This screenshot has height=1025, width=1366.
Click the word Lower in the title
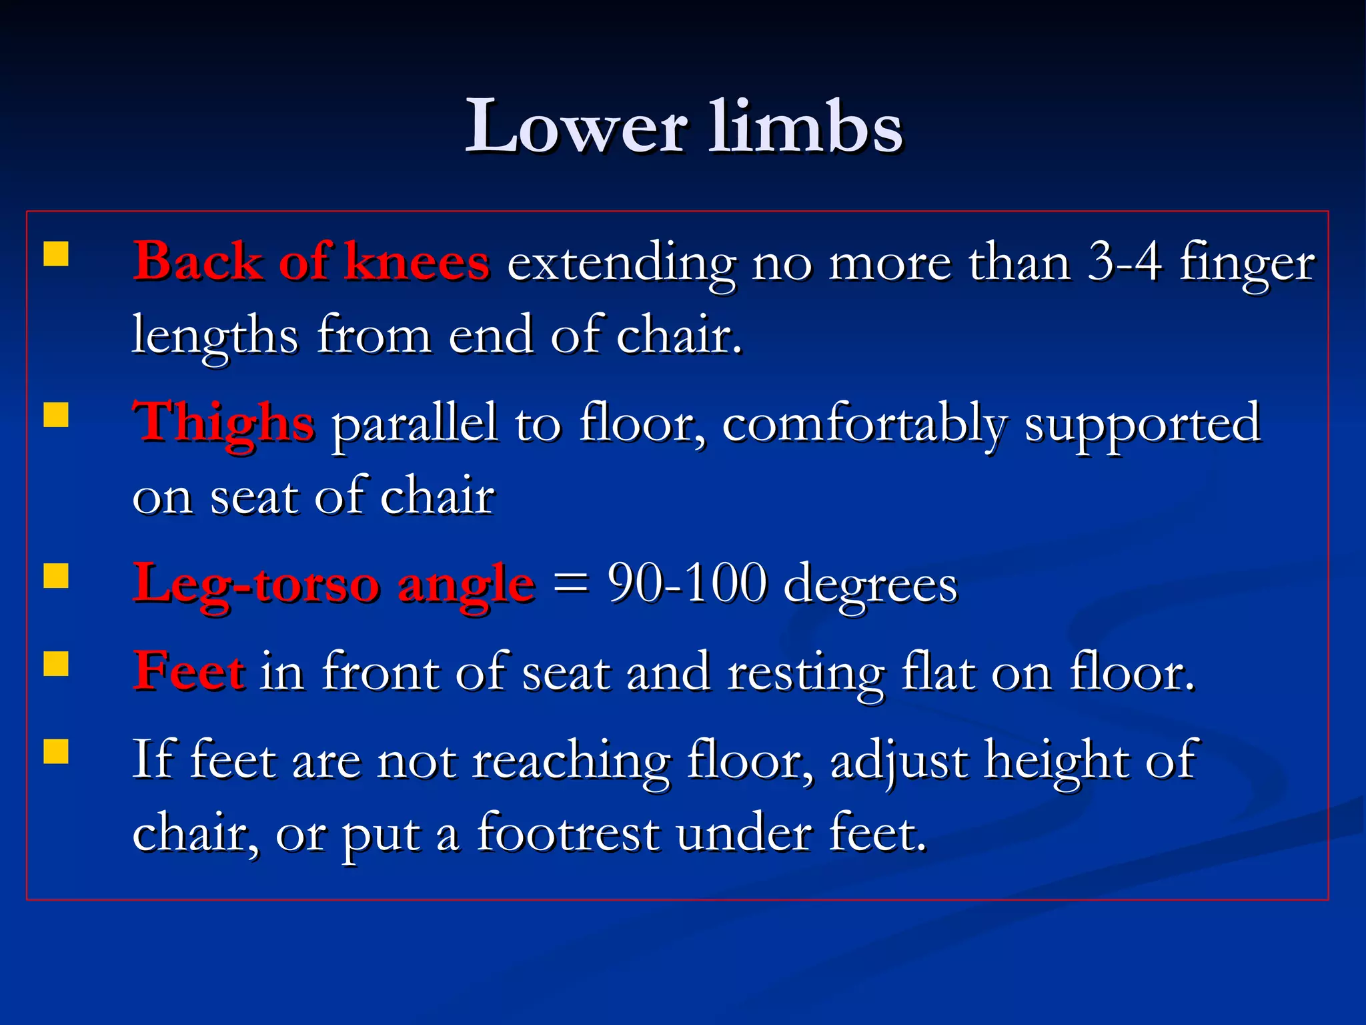[575, 127]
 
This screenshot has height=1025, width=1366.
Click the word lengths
[215, 336]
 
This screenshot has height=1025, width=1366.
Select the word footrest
[568, 833]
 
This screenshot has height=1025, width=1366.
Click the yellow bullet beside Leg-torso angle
[56, 576]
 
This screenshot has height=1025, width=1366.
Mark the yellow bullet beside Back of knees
[56, 254]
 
